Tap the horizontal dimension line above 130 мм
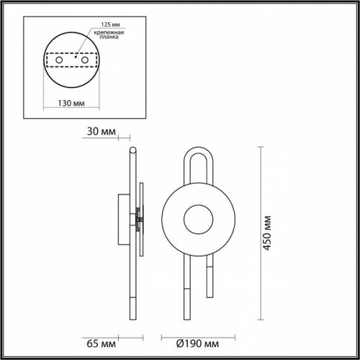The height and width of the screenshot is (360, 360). coord(70,92)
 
